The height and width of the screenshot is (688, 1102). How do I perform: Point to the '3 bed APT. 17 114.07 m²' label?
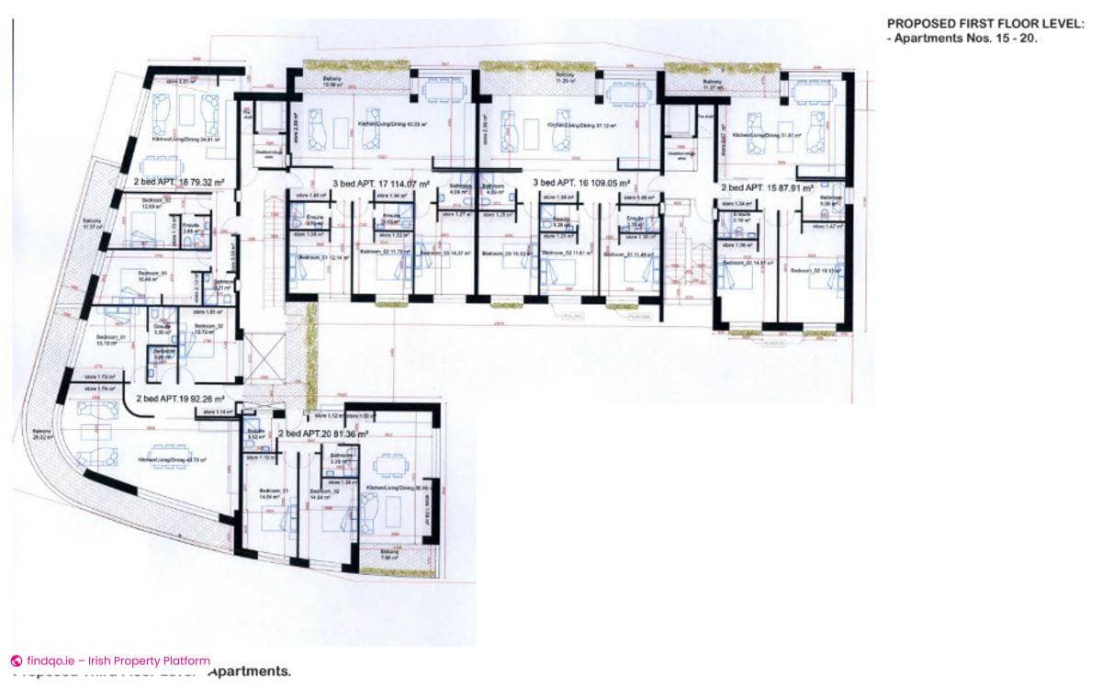pos(381,184)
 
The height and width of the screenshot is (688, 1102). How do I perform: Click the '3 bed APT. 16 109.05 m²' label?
pos(581,183)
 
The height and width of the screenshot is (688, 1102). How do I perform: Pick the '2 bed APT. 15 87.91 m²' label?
pos(767,187)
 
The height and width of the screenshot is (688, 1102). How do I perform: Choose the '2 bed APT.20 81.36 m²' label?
pos(323,433)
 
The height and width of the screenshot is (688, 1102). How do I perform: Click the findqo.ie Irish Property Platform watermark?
pos(110,660)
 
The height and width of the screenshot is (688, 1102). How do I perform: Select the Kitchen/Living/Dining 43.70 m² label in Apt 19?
pos(172,459)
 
